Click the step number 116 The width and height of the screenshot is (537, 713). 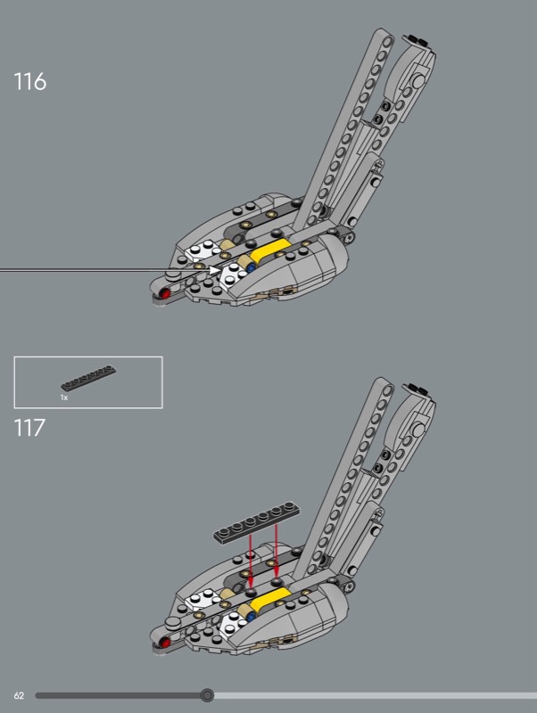(29, 82)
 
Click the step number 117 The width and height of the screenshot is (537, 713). (29, 428)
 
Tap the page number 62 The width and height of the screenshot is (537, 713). (18, 694)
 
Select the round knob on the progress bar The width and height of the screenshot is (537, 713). (207, 694)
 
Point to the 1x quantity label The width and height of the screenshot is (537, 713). (64, 397)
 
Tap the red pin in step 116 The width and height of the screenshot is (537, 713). (164, 293)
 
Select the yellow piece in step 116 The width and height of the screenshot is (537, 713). (271, 251)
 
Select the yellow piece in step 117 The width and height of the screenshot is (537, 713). (271, 598)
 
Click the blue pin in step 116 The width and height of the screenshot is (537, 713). (252, 265)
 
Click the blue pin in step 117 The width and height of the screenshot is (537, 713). (252, 611)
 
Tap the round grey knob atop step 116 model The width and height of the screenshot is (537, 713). (417, 82)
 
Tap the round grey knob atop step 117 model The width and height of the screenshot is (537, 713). (417, 429)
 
